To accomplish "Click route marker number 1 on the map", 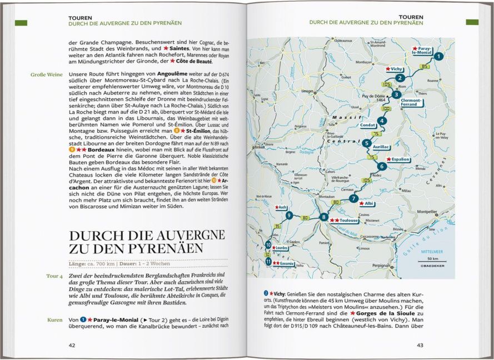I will pos(438,56).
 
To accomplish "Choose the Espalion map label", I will pos(399,159).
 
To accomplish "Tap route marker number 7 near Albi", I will pos(353,199).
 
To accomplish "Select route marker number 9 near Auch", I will pos(289,215).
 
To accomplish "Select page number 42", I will pos(72,345).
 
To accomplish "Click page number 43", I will pos(420,345).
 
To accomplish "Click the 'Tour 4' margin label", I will pos(55,276).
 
